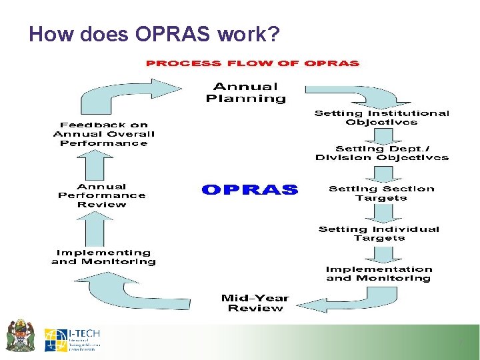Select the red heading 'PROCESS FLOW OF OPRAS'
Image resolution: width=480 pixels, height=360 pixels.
pyautogui.click(x=253, y=63)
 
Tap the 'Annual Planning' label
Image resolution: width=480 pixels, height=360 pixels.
pyautogui.click(x=245, y=92)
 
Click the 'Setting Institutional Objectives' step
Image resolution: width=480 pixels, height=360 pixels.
pyautogui.click(x=382, y=118)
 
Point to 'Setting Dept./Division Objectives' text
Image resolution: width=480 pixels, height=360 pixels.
pyautogui.click(x=382, y=153)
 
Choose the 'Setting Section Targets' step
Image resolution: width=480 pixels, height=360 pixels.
pyautogui.click(x=381, y=193)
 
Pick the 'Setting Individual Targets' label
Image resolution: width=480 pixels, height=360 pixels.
pyautogui.click(x=379, y=233)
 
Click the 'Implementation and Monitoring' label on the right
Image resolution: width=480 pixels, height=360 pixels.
pyautogui.click(x=378, y=274)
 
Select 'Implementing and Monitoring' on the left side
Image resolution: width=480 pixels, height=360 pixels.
pyautogui.click(x=103, y=257)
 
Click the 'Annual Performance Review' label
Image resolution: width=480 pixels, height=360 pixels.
pyautogui.click(x=101, y=195)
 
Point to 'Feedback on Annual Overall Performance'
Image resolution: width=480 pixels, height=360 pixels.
pyautogui.click(x=103, y=133)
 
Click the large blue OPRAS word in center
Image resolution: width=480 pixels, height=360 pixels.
pyautogui.click(x=249, y=190)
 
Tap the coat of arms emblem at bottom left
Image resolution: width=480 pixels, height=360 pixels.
pyautogui.click(x=20, y=337)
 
